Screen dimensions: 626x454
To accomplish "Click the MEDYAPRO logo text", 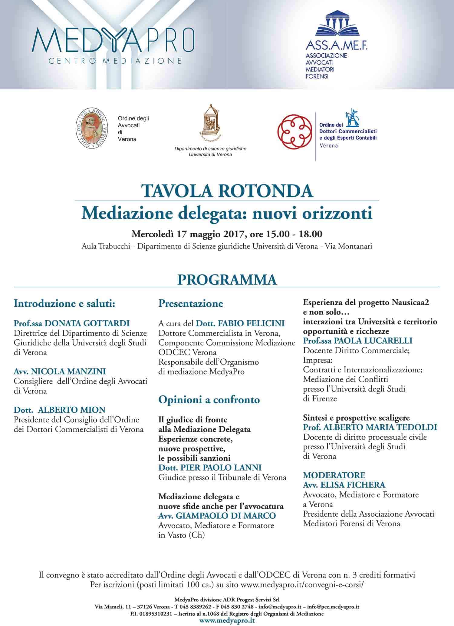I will (113, 40).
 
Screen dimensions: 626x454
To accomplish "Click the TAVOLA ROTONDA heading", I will (227, 191).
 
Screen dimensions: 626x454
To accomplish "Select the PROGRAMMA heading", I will (227, 279).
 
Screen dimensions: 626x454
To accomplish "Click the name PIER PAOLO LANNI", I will (221, 468).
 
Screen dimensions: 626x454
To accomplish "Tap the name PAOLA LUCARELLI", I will (373, 341).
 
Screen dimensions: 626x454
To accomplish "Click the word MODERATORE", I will (334, 475).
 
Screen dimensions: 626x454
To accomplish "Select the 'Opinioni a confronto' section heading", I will (209, 400).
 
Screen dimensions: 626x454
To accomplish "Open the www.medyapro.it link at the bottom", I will (227, 621).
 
